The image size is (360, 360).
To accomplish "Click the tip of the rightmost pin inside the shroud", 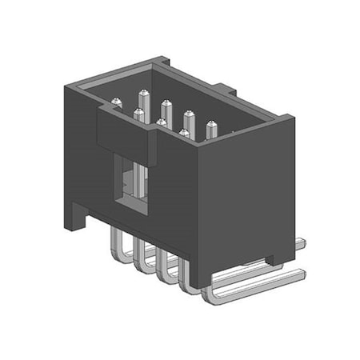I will point(211,124).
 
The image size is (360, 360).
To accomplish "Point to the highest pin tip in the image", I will point(145,95).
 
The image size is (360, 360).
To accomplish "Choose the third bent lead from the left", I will point(163,268).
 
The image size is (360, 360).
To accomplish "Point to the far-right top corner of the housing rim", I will point(291,118).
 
